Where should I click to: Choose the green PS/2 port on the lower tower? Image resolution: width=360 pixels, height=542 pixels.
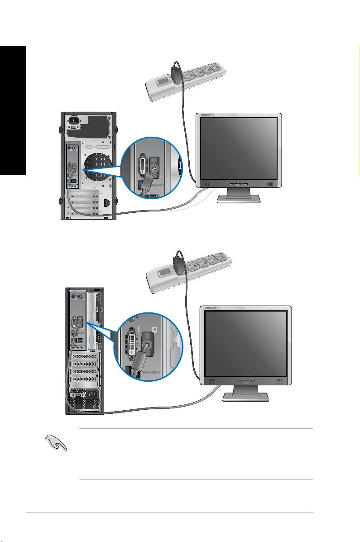click(x=80, y=297)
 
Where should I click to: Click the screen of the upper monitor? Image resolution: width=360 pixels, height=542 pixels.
click(x=238, y=150)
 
